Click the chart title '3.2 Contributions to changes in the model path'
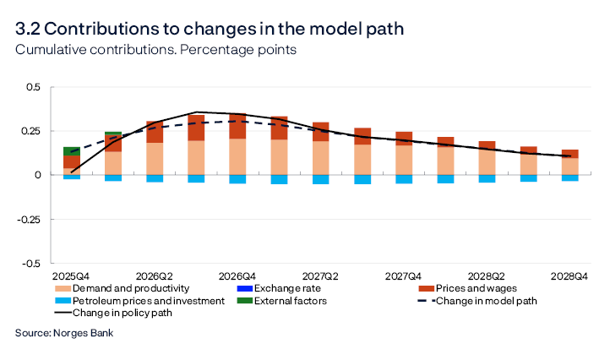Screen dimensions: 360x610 tap(210, 29)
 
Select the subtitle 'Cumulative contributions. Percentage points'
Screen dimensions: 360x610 tap(155, 50)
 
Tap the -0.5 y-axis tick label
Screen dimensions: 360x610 tap(30, 263)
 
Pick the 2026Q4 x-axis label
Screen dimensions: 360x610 tap(237, 276)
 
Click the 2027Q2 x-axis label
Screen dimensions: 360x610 tap(320, 276)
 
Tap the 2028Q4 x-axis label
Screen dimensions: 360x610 tap(569, 276)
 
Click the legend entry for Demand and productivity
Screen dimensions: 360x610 tap(123, 288)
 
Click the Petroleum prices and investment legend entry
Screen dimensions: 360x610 tap(137, 300)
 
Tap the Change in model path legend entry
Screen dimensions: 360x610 tap(487, 300)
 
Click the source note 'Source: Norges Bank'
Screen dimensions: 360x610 tap(64, 333)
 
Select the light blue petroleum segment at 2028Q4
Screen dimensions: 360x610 tap(569, 178)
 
